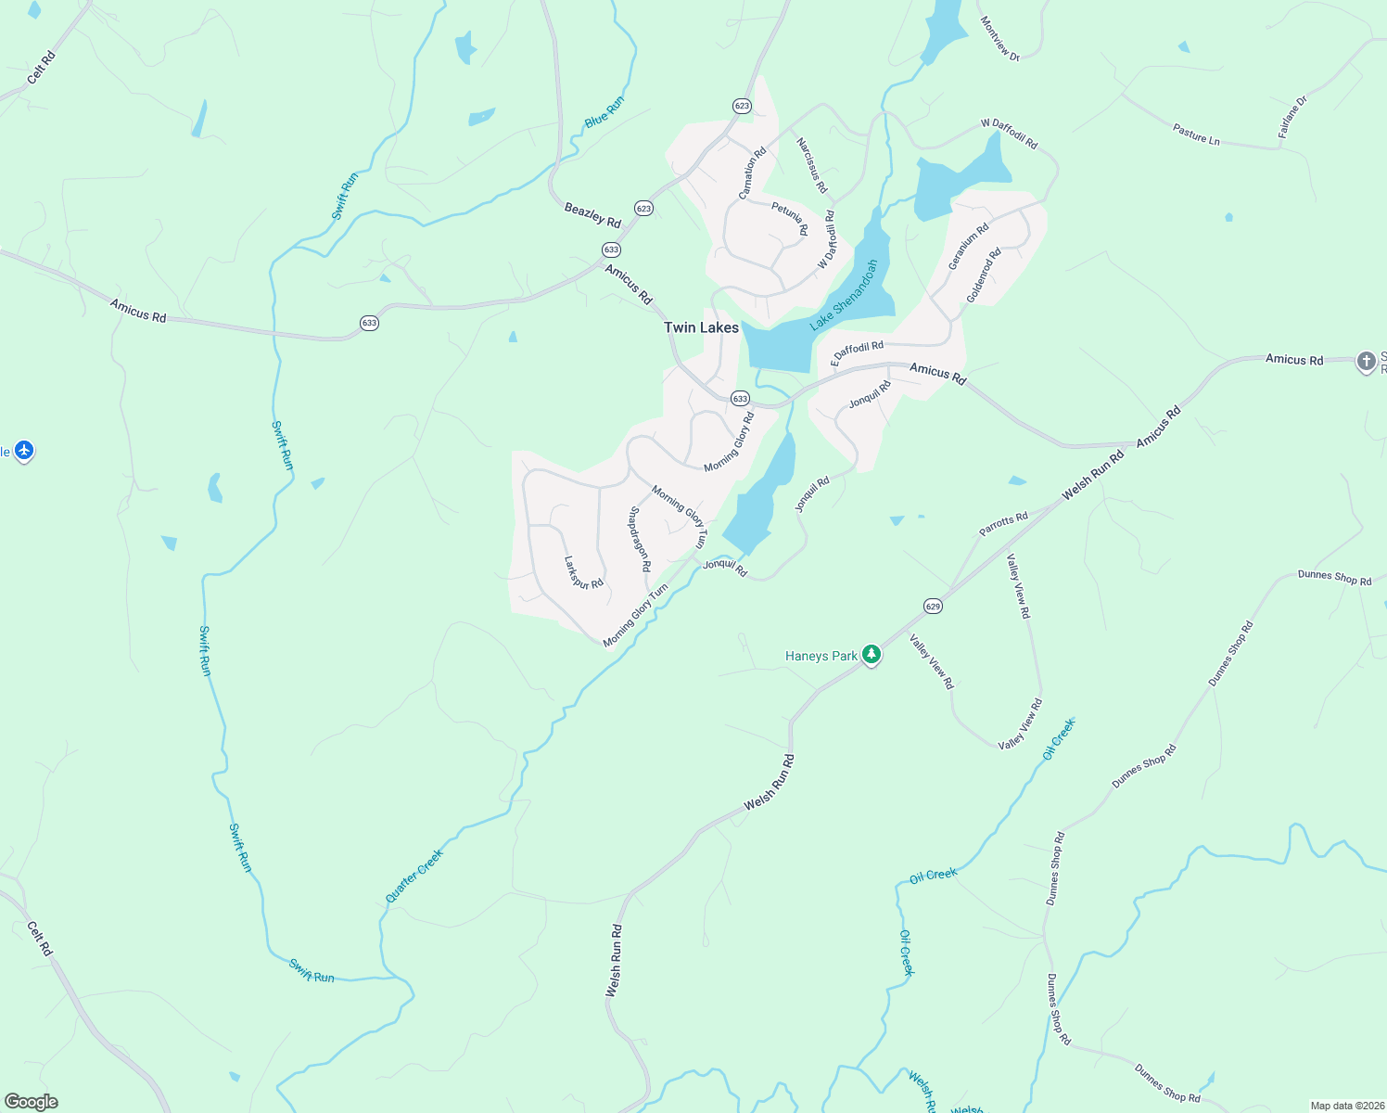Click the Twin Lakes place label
[x=701, y=327]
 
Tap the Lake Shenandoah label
[x=844, y=296]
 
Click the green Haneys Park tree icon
[x=871, y=655]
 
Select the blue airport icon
[x=24, y=451]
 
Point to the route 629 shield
[x=933, y=607]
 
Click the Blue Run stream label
[x=604, y=112]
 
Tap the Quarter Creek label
[x=414, y=876]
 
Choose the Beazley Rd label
[x=592, y=215]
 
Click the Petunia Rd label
[x=790, y=219]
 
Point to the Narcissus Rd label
[x=811, y=165]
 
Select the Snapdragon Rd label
[x=640, y=539]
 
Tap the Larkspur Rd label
[x=583, y=572]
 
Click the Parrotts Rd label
[x=1003, y=525]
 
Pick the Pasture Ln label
[x=1196, y=134]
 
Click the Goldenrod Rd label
[x=984, y=275]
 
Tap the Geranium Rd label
[x=968, y=247]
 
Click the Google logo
[x=32, y=1102]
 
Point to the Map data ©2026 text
[x=1346, y=1106]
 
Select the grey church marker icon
[x=1366, y=361]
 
